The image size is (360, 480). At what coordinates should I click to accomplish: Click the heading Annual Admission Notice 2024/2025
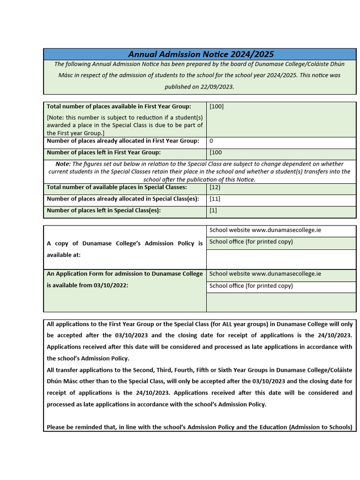click(x=201, y=54)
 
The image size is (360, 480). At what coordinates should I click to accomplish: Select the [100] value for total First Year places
click(x=217, y=106)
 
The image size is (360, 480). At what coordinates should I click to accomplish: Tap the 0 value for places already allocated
click(x=211, y=141)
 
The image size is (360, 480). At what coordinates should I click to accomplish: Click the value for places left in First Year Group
click(x=216, y=152)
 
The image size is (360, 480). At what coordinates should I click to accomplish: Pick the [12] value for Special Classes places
click(x=215, y=187)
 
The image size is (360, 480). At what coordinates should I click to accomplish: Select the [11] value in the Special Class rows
click(x=215, y=199)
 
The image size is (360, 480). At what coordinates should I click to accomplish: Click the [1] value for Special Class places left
click(x=213, y=210)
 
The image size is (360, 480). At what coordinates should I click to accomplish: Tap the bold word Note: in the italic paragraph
click(x=63, y=164)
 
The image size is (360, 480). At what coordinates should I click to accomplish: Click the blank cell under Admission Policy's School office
click(x=281, y=259)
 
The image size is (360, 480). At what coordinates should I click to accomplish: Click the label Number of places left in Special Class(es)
click(x=104, y=210)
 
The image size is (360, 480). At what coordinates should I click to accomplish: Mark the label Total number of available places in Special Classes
click(x=117, y=187)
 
